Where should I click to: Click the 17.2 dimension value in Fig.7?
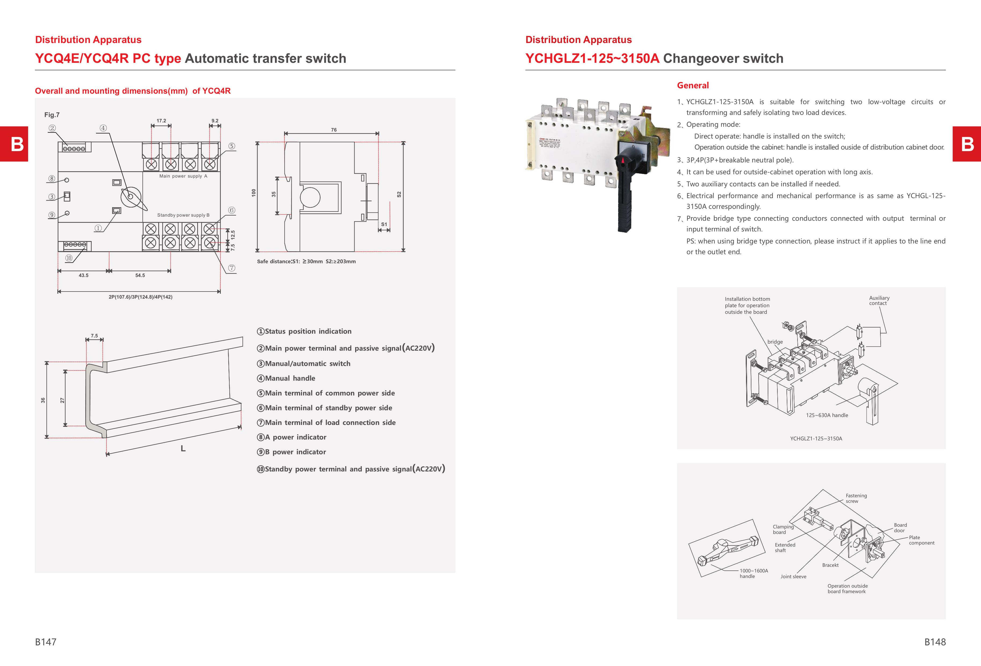tap(161, 121)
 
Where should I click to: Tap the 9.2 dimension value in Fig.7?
tap(215, 121)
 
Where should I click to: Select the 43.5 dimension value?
tap(84, 275)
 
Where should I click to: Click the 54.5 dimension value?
tap(140, 275)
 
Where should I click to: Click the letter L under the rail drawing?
tap(183, 449)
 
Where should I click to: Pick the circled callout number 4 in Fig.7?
tap(103, 128)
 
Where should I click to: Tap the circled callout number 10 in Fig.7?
tap(69, 258)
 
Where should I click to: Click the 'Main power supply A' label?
tap(183, 176)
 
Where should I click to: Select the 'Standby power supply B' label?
tap(183, 215)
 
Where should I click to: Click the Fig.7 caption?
tap(52, 115)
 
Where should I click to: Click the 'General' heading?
tap(693, 85)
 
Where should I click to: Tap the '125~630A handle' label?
tap(827, 415)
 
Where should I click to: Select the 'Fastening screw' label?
tap(856, 498)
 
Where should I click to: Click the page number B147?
tap(46, 642)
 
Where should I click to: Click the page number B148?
tap(935, 642)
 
